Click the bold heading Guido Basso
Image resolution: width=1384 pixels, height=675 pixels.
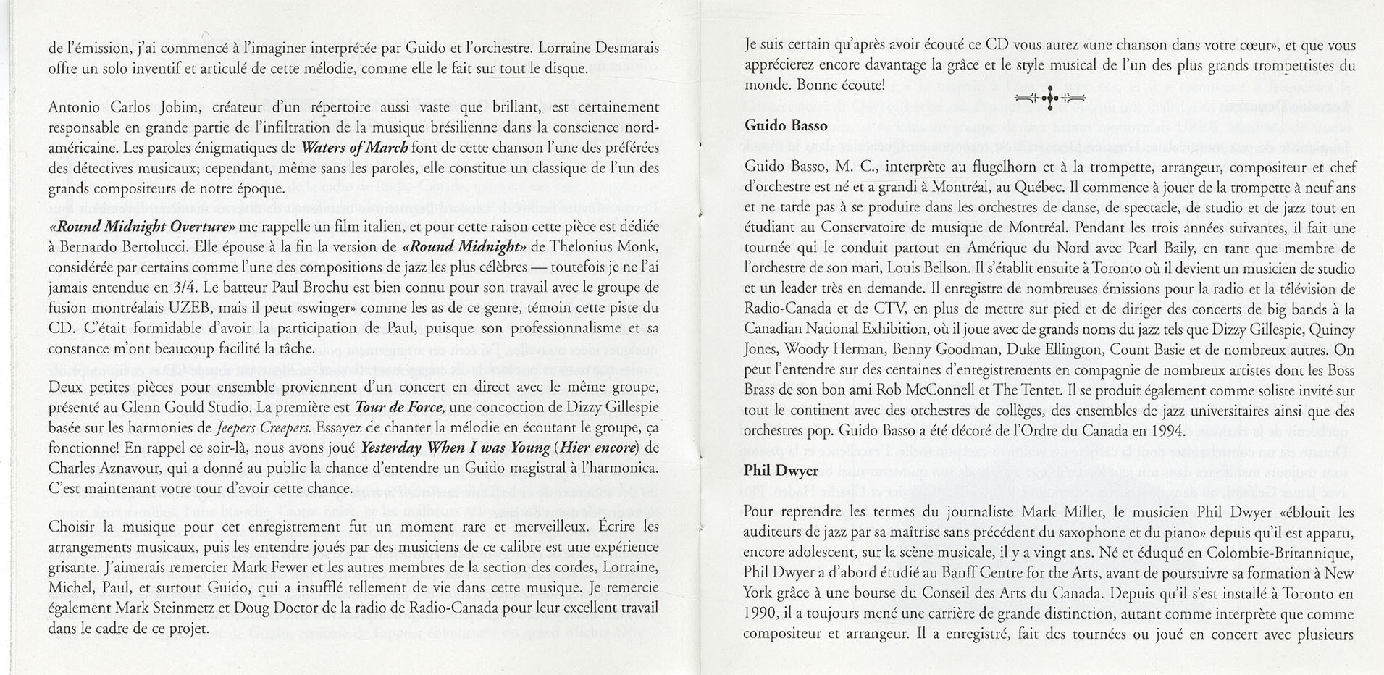click(786, 126)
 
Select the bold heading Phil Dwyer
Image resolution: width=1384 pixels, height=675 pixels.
click(781, 471)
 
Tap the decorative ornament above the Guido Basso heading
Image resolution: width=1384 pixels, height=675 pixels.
click(1049, 98)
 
